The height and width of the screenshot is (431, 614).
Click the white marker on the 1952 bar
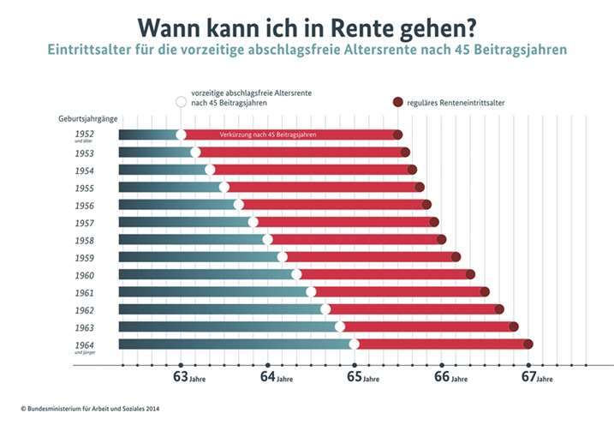pyautogui.click(x=181, y=135)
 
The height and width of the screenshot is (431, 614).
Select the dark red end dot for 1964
pyautogui.click(x=528, y=344)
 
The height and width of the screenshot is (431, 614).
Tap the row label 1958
pyautogui.click(x=83, y=240)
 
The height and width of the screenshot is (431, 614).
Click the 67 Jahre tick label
pyautogui.click(x=534, y=377)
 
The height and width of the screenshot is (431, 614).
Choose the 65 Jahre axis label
pyautogui.click(x=361, y=377)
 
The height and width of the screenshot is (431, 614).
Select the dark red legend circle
pyautogui.click(x=397, y=102)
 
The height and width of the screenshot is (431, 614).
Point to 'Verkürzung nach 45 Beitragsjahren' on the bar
pyautogui.click(x=267, y=135)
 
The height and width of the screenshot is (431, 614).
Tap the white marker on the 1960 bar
pyautogui.click(x=296, y=274)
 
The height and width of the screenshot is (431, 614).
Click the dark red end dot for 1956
pyautogui.click(x=426, y=205)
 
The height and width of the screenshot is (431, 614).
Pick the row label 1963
pyautogui.click(x=83, y=327)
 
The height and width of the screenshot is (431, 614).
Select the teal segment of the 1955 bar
pyautogui.click(x=171, y=187)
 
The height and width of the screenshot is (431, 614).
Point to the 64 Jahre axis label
pyautogui.click(x=274, y=377)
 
